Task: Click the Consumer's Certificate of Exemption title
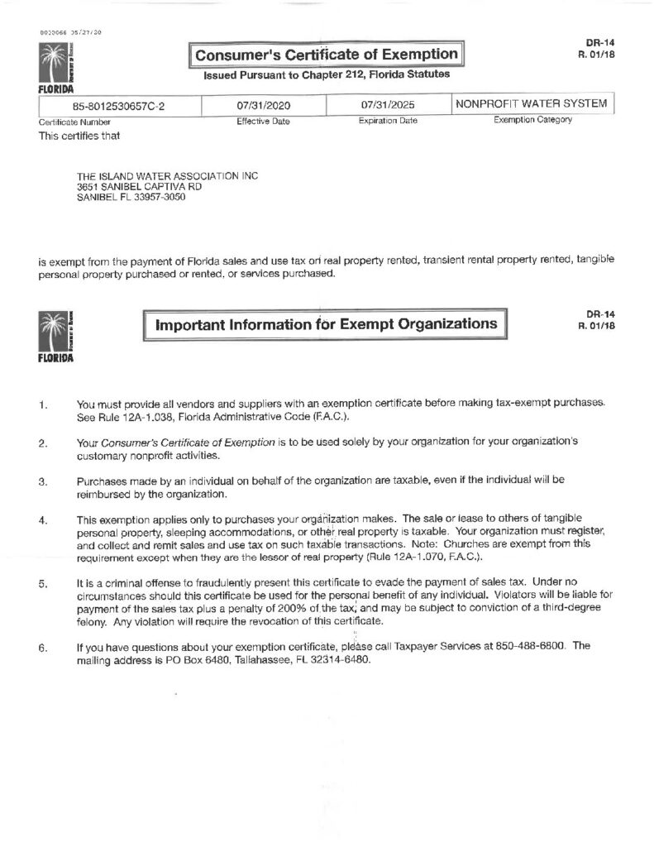(x=327, y=55)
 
